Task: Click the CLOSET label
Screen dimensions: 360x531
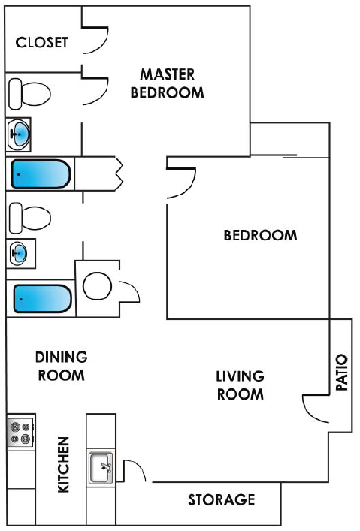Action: tap(41, 42)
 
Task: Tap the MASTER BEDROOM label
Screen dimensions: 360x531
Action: tap(168, 83)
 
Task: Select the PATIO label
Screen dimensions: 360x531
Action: tap(342, 373)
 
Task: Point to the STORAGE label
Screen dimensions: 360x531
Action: tap(222, 500)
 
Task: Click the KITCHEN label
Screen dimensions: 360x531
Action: tap(64, 464)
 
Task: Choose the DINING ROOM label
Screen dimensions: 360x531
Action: tap(62, 366)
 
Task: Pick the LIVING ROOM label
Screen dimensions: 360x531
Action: tap(240, 385)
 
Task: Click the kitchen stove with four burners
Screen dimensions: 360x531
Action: tap(20, 432)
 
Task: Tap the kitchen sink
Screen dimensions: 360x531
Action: tap(101, 468)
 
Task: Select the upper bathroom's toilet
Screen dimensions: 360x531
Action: tap(29, 94)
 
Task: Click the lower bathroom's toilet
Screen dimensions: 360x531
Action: tap(30, 218)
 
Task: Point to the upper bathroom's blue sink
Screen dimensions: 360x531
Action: tap(20, 134)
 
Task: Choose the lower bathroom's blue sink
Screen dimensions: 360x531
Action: tap(19, 253)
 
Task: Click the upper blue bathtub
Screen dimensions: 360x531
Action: tap(41, 173)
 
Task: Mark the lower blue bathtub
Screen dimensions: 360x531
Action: tap(43, 299)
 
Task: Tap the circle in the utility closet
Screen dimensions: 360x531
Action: tap(97, 286)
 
